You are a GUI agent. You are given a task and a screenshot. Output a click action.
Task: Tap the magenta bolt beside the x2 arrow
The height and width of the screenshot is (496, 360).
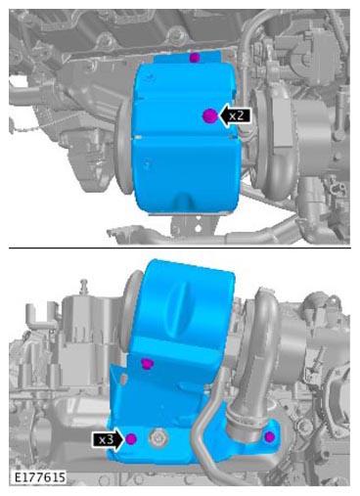[x=209, y=115]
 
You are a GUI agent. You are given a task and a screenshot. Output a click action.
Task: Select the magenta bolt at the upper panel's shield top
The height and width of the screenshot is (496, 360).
[x=195, y=58]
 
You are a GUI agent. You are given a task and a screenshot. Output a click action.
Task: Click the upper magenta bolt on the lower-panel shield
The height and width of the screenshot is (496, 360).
[x=148, y=363]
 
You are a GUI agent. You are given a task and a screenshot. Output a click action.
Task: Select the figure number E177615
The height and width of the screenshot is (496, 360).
[x=40, y=477]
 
